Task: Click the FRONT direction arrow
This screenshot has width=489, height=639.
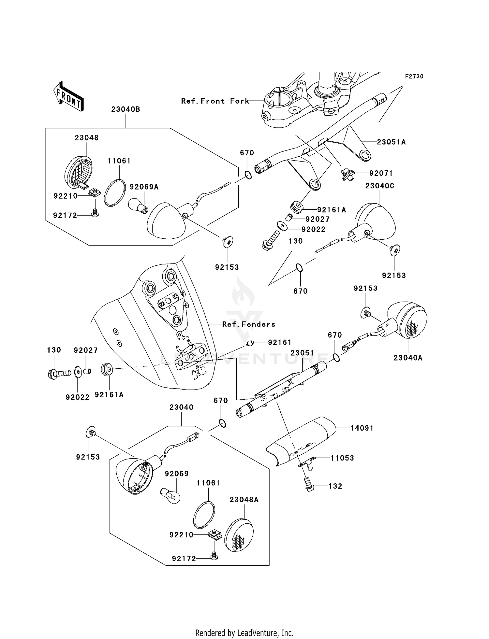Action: (69, 96)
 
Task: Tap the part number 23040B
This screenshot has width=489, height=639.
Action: (126, 109)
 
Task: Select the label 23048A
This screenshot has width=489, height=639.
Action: (244, 500)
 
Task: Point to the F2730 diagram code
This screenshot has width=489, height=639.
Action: (414, 77)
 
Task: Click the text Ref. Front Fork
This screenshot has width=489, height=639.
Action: (215, 101)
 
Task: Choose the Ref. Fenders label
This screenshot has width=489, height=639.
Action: (249, 324)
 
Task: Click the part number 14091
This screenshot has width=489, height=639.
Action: (362, 428)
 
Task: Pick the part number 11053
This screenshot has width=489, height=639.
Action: (342, 458)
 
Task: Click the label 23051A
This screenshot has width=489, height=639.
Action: (391, 142)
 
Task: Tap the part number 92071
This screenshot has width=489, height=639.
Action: (381, 173)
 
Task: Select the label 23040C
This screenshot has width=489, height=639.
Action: (380, 186)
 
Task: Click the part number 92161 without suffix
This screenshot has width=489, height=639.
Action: (279, 343)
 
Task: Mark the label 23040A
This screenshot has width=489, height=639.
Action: (408, 358)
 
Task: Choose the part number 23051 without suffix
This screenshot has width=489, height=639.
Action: (302, 353)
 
